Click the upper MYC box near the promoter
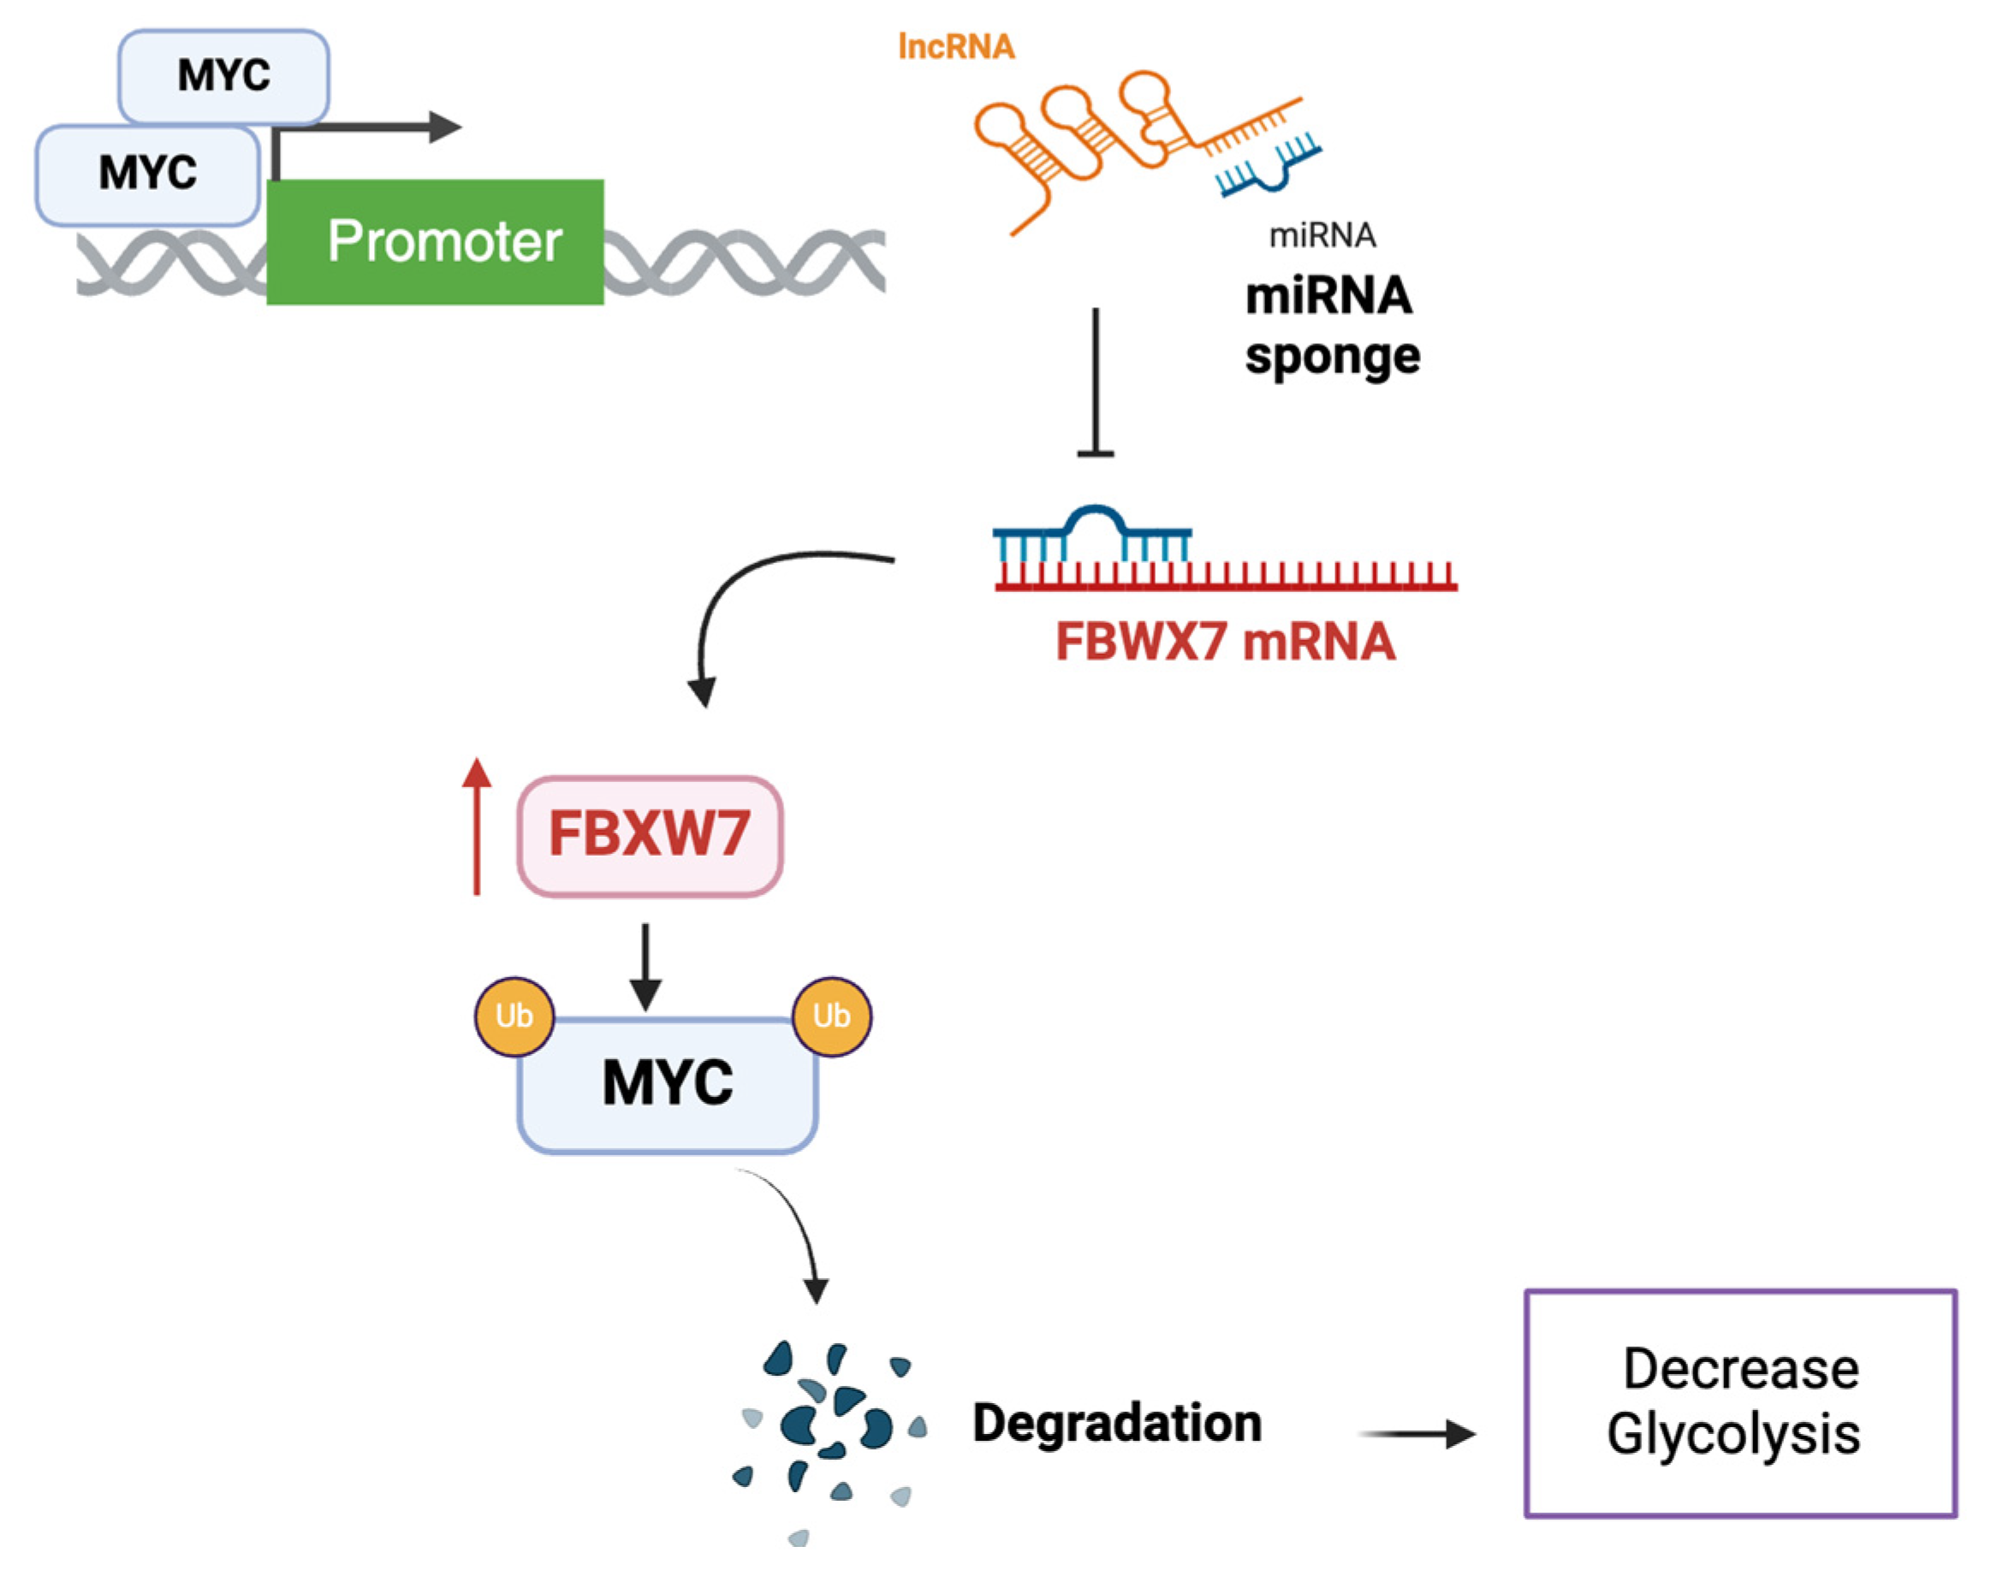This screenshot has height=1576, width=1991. pos(223,75)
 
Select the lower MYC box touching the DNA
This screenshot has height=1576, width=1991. pos(148,174)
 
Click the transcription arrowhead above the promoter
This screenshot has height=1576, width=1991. pos(445,127)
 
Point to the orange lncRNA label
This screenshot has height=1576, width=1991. pos(955,46)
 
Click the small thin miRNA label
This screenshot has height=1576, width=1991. pos(1322,236)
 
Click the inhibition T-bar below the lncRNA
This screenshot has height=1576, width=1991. pos(1095,451)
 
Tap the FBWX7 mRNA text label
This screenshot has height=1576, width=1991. pos(1224,643)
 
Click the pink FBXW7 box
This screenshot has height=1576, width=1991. pos(650,835)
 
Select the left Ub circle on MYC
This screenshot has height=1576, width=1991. pos(514,1016)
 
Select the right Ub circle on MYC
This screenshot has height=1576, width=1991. pos(831,1016)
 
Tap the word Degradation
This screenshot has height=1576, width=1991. pos(1117,1422)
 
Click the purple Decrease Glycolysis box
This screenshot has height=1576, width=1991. pos(1739,1401)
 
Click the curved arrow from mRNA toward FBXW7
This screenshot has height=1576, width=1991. pos(739,590)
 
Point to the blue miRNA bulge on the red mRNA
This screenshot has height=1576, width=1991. pos(1094,517)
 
